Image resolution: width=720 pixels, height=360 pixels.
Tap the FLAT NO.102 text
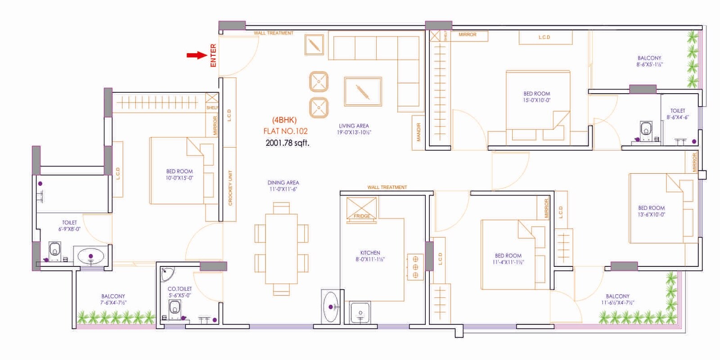[285, 131]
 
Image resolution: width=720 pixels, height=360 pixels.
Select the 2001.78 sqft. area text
[287, 143]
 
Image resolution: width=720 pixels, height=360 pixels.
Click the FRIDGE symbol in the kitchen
[361, 210]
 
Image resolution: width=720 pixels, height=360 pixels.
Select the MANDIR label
[418, 132]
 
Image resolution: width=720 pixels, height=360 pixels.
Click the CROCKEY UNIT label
[230, 188]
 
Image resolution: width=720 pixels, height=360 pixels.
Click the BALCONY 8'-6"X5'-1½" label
[649, 61]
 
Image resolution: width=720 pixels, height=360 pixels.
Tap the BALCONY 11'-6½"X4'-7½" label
[617, 299]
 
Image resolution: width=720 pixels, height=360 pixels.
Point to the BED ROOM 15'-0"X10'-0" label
[536, 97]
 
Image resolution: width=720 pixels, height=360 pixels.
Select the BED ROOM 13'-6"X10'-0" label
[651, 211]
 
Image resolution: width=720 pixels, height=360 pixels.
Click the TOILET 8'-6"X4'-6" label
[677, 113]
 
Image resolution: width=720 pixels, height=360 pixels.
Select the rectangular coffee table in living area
[363, 91]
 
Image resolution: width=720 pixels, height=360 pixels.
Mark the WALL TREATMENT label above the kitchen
[387, 187]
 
